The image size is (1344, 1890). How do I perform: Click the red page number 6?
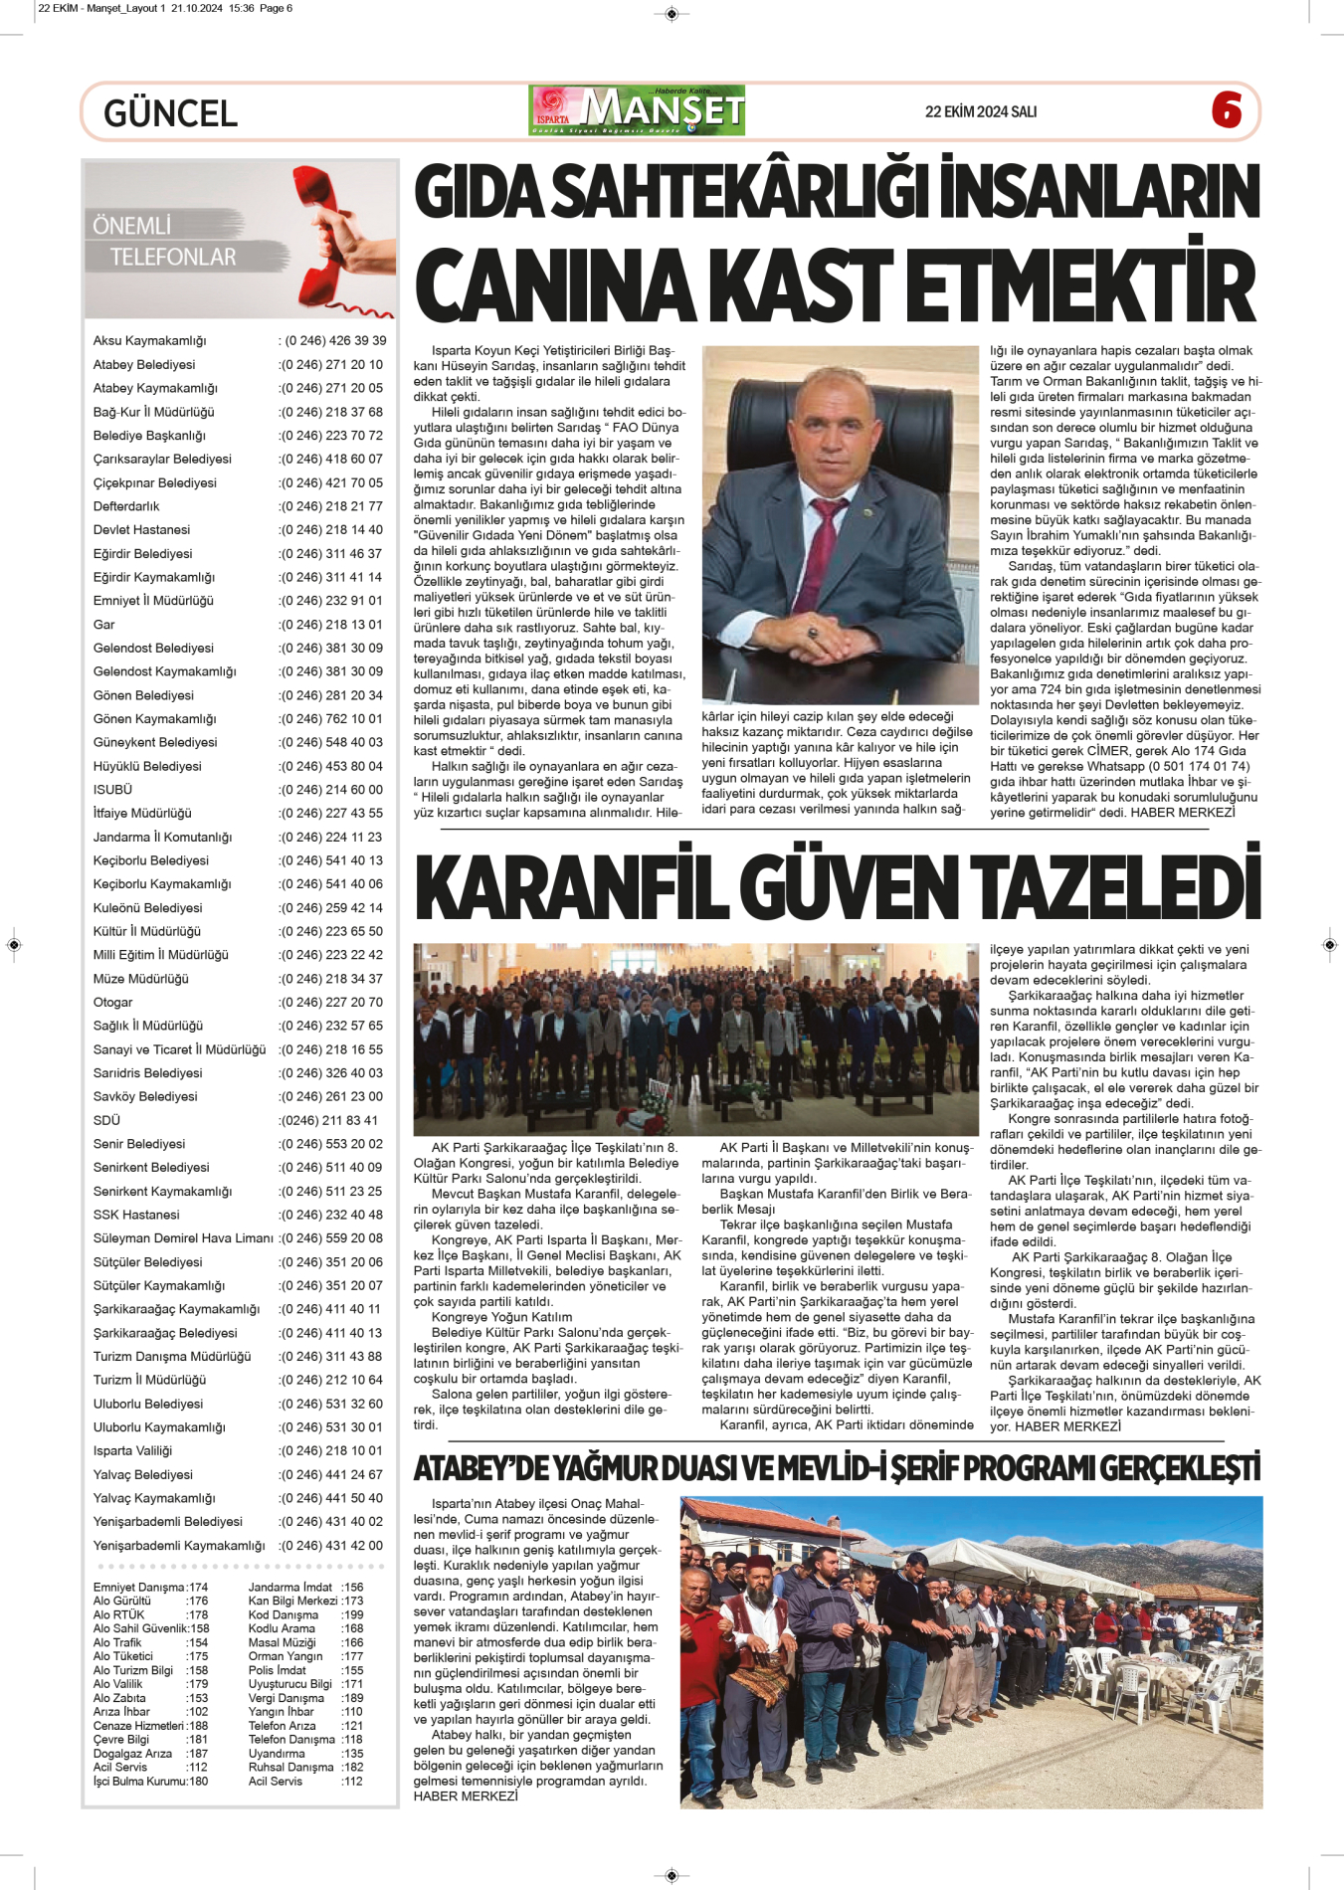pos(1227,109)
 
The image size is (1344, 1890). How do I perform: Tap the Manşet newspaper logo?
pos(638,110)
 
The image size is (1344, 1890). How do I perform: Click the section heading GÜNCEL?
pos(170,113)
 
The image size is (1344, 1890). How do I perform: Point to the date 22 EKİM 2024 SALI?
pos(980,112)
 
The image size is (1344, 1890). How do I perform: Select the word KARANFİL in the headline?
pos(571,885)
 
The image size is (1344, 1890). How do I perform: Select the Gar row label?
pos(104,625)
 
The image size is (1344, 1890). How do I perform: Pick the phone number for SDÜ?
pos(329,1120)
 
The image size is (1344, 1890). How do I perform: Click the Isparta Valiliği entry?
pos(132,1451)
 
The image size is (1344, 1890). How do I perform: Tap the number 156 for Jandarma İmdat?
pos(352,1588)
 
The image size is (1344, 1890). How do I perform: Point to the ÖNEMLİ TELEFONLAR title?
pos(165,242)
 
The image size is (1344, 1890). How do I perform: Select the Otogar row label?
pos(112,1003)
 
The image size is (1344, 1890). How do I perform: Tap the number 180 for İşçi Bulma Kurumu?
pos(198,1782)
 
